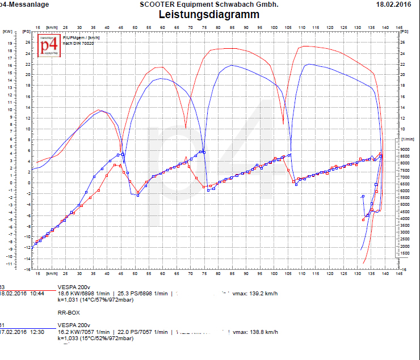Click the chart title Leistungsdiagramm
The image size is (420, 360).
pos(209,15)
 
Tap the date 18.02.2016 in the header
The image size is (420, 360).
pos(393,5)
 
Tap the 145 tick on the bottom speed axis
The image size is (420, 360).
pos(399,273)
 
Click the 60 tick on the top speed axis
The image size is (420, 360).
pos(162,27)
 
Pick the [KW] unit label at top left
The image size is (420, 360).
pos(9,32)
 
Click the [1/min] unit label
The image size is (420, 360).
pos(408,138)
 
